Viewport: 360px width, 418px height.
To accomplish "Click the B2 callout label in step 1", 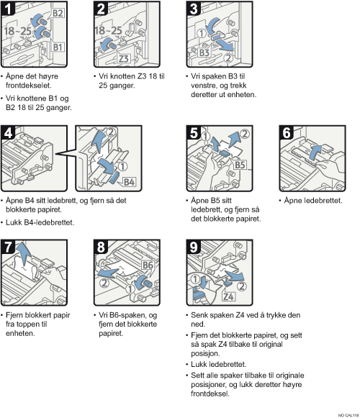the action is (x=58, y=13).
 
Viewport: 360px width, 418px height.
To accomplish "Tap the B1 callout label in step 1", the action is (x=58, y=47).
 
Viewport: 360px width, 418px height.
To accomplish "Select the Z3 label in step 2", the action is (x=124, y=58).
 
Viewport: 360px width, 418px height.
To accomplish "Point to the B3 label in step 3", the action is (x=204, y=53).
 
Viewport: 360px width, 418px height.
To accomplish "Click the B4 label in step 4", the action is (x=129, y=182).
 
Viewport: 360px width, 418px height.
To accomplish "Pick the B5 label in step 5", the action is (x=240, y=165).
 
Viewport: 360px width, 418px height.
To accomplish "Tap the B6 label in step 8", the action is (x=148, y=265).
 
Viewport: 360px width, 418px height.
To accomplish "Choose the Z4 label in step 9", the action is (x=229, y=296).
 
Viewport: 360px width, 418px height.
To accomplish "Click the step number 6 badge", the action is (x=287, y=132).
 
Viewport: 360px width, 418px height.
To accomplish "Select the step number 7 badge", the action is (x=8, y=247).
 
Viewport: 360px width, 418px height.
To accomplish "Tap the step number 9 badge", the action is (x=194, y=247).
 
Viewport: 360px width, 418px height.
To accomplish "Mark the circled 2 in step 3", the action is (x=228, y=58).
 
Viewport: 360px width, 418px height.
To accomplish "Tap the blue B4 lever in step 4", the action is (x=115, y=178).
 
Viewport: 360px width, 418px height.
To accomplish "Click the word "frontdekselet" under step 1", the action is (x=28, y=86).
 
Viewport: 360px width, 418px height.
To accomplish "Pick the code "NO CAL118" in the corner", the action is (x=348, y=415).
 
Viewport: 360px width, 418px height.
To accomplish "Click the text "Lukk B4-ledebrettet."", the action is (x=40, y=222).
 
